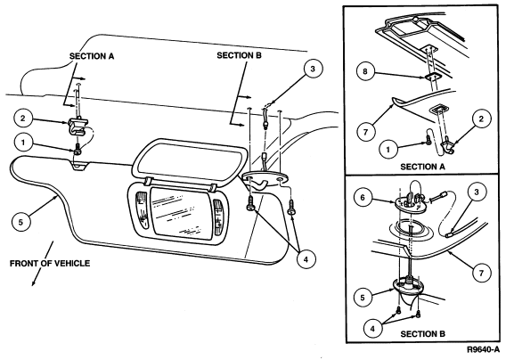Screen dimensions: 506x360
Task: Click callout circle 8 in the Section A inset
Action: point(365,71)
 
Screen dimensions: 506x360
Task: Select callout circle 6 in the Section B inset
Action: point(363,197)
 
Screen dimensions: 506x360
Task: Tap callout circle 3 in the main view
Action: point(313,69)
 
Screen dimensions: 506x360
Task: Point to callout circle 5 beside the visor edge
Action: point(20,222)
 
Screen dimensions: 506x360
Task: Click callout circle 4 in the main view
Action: point(306,258)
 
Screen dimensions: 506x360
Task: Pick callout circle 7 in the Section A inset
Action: point(365,132)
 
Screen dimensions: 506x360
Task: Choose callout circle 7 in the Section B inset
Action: point(481,274)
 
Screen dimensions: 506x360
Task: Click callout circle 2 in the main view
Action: point(23,118)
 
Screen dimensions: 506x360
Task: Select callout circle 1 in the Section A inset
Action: point(388,149)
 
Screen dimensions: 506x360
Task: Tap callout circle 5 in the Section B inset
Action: point(363,297)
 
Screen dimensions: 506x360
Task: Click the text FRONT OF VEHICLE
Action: point(50,264)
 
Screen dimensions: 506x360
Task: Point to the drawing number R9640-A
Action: point(483,349)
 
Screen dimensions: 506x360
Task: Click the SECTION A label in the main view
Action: point(92,56)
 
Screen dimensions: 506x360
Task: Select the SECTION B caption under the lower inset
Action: point(423,334)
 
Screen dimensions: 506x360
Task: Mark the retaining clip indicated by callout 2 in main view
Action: point(78,126)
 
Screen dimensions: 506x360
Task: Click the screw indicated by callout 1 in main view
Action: point(78,149)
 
